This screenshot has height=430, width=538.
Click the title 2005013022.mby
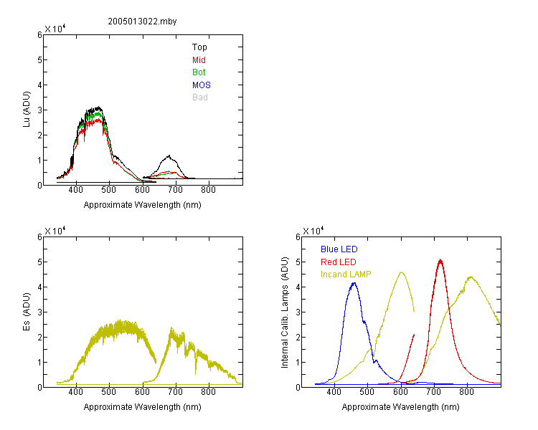tap(142, 21)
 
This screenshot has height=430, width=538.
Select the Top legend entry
tap(199, 47)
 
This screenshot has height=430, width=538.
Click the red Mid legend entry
tap(199, 60)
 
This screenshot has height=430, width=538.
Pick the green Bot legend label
tap(199, 72)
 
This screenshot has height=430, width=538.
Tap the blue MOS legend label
tap(201, 85)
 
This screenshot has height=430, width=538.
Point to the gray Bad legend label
tap(199, 97)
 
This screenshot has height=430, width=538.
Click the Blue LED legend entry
tap(339, 249)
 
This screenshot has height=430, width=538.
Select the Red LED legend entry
tap(339, 262)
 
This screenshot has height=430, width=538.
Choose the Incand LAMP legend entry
tap(346, 274)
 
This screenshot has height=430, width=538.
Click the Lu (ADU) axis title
tap(27, 110)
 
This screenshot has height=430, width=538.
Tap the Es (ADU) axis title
tap(27, 312)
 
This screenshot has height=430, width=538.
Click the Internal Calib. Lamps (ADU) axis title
tap(285, 312)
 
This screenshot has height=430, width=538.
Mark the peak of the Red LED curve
tap(440, 260)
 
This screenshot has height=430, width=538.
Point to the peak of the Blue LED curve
tap(354, 283)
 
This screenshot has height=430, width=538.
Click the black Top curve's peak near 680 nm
tap(169, 156)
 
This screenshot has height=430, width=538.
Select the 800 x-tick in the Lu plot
tap(208, 190)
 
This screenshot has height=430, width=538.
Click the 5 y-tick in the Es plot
tap(39, 262)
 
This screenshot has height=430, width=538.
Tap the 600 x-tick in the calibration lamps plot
tap(400, 392)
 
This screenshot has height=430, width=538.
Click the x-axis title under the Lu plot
tap(143, 205)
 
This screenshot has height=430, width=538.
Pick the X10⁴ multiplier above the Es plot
tap(55, 231)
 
